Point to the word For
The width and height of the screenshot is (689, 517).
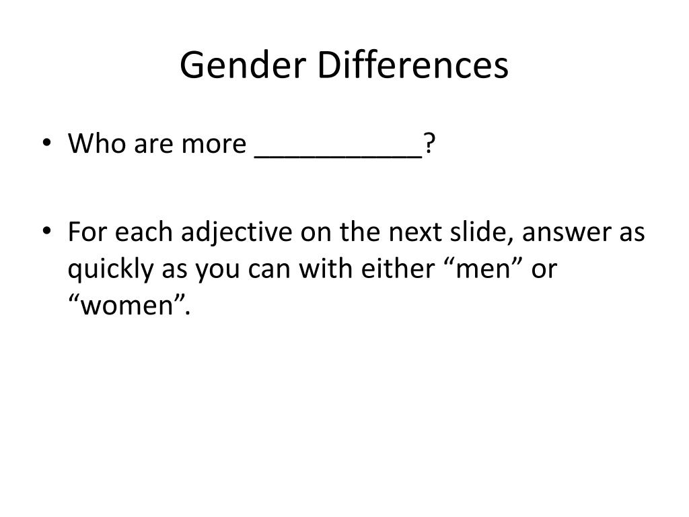86,234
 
